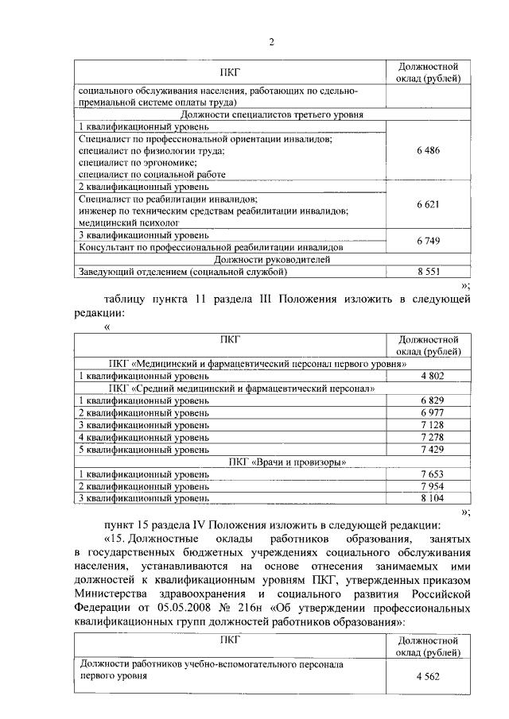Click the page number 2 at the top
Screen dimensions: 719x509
(x=270, y=41)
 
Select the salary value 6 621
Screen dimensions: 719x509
(x=428, y=204)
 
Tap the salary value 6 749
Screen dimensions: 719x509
(x=428, y=241)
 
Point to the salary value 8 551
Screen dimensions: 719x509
(x=428, y=272)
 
